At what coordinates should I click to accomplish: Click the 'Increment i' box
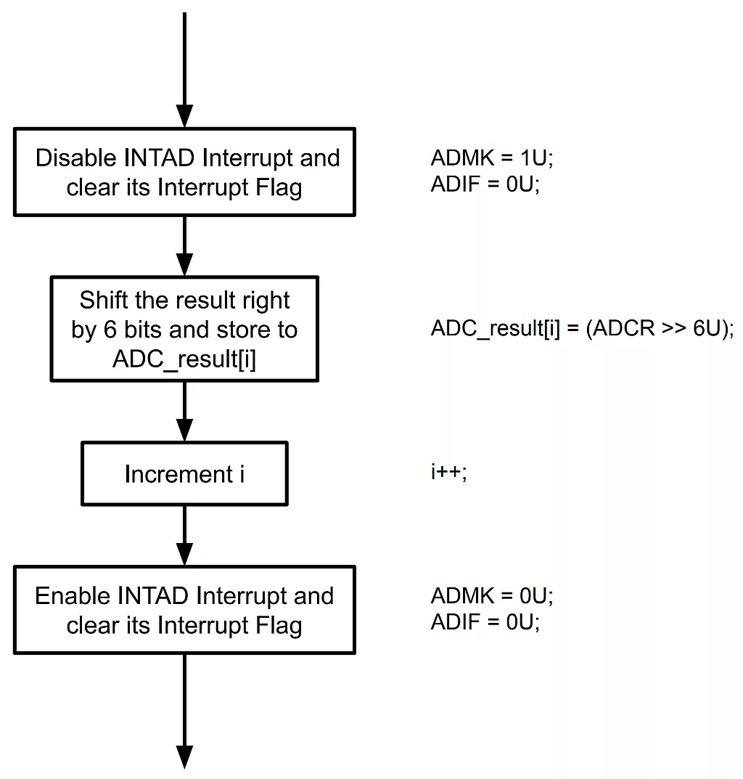click(184, 474)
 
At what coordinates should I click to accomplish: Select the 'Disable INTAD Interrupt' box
click(184, 172)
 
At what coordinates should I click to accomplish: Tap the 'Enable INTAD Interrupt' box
click(184, 611)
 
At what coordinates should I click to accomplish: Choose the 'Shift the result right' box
click(184, 329)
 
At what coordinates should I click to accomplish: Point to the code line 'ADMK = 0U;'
click(492, 596)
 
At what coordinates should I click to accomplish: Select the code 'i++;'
click(448, 473)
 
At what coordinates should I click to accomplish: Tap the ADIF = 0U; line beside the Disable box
click(485, 185)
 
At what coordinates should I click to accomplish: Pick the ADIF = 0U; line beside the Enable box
click(485, 623)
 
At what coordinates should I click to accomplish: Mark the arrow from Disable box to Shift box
click(185, 247)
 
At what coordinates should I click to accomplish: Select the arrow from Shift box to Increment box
click(185, 412)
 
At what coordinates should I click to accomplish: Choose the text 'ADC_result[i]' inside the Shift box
click(184, 359)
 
